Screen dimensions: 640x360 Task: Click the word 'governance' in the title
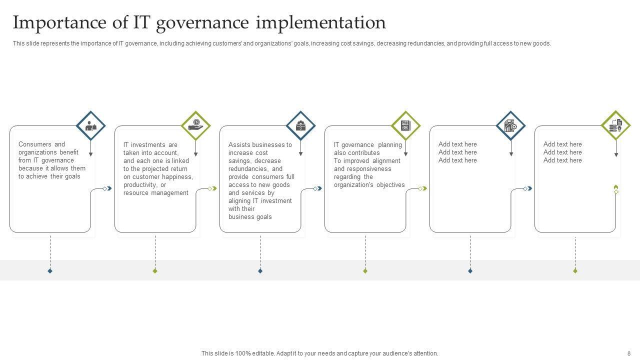click(202, 23)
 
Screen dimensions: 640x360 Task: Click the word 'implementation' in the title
click(320, 22)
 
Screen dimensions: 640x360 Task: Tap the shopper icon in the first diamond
click(91, 125)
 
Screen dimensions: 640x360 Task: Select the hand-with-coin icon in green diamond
click(195, 125)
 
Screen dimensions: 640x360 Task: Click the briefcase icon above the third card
click(300, 125)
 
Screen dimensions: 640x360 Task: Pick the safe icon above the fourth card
click(405, 125)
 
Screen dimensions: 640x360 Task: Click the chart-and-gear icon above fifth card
click(510, 125)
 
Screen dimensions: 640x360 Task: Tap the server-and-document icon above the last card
click(615, 125)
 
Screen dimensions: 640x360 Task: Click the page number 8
click(629, 353)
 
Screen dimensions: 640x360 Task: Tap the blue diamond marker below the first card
click(50, 271)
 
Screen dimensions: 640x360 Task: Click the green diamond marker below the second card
click(155, 271)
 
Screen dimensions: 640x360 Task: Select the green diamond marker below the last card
click(575, 271)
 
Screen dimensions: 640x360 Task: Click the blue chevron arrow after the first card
click(109, 188)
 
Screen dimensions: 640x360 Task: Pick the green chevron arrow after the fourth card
click(425, 188)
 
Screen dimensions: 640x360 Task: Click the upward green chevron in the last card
click(616, 187)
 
